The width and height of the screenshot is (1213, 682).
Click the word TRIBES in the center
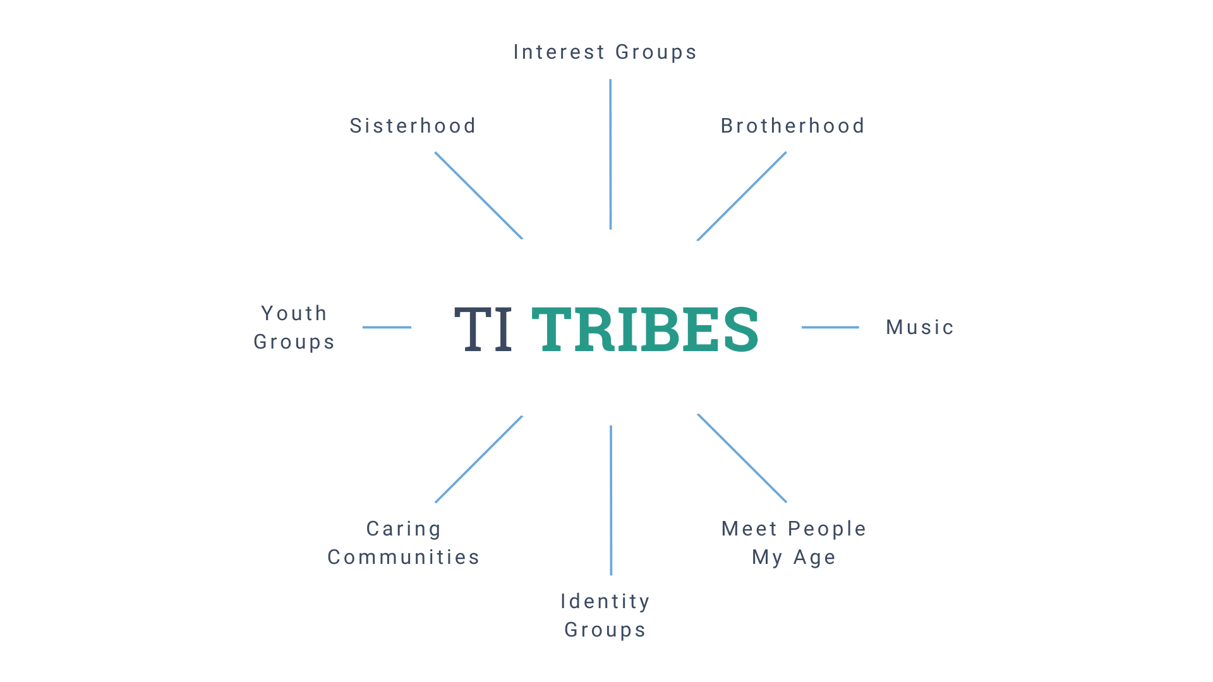(644, 329)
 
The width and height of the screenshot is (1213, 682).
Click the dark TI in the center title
(483, 329)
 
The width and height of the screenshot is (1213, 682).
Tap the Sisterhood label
(413, 126)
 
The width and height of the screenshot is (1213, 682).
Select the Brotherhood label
(792, 126)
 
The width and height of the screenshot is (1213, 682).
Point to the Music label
(919, 327)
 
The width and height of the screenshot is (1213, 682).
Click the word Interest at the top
(559, 52)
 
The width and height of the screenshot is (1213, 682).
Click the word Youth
(294, 313)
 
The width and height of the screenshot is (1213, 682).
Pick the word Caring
(404, 529)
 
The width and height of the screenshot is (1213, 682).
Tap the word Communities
(404, 557)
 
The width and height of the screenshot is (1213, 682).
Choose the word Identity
(605, 601)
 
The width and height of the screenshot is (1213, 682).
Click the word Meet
(749, 529)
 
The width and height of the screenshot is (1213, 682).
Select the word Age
(814, 557)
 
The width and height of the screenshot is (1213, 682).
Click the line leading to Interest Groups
(610, 154)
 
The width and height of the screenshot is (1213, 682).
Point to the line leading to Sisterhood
(479, 196)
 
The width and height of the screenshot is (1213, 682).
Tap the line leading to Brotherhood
(742, 196)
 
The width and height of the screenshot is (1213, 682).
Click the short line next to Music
(830, 327)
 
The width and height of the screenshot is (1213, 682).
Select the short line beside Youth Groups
(387, 327)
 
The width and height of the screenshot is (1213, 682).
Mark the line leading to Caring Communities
(479, 459)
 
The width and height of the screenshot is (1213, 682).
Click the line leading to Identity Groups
(611, 500)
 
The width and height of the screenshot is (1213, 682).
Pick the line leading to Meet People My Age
(742, 458)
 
